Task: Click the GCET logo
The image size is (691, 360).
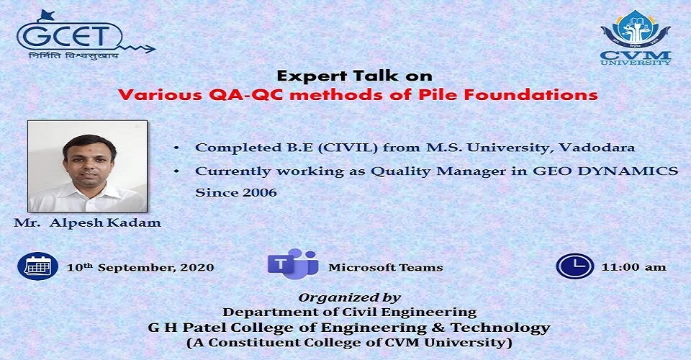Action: (83, 35)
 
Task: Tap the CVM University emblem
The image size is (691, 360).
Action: (636, 38)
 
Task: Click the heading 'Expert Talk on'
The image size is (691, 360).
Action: (354, 76)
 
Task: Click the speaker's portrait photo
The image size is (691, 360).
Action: (87, 166)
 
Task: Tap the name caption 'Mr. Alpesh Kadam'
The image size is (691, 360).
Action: (87, 222)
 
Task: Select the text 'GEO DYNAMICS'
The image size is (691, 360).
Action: (605, 171)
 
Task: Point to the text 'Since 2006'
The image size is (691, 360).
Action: (236, 192)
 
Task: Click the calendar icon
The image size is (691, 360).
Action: (38, 266)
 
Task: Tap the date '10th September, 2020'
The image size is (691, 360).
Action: (140, 267)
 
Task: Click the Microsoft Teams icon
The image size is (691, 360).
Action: (293, 264)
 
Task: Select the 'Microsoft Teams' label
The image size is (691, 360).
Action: (386, 267)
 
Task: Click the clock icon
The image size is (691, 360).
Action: (574, 266)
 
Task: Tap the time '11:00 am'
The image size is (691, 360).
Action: (633, 267)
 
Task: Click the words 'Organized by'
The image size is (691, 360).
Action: (350, 298)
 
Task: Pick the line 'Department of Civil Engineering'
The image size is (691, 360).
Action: (350, 312)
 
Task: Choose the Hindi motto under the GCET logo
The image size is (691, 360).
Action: (73, 56)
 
